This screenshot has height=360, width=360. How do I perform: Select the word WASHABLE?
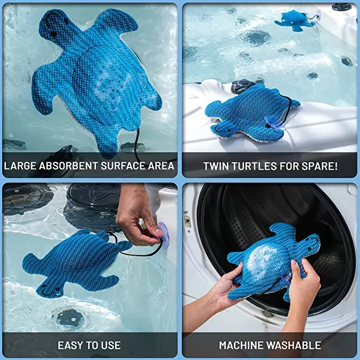tap(296, 345)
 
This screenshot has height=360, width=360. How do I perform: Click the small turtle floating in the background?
tap(295, 19)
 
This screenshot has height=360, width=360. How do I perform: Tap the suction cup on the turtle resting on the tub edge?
tap(275, 121)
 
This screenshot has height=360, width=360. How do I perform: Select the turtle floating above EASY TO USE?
tap(75, 260)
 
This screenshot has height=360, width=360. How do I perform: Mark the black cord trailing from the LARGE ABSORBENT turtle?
tap(137, 143)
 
